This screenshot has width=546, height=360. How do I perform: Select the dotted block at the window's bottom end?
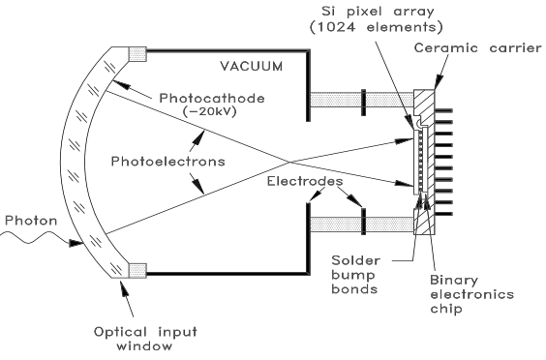pyautogui.click(x=137, y=266)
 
